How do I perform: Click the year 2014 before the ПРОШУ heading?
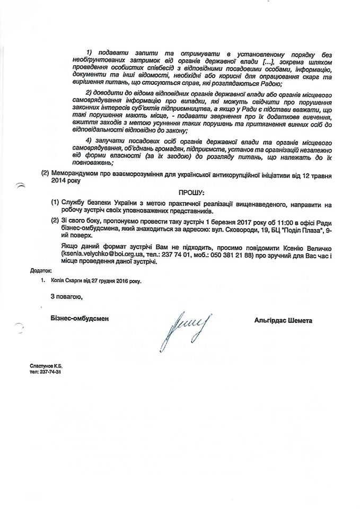click(58, 181)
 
